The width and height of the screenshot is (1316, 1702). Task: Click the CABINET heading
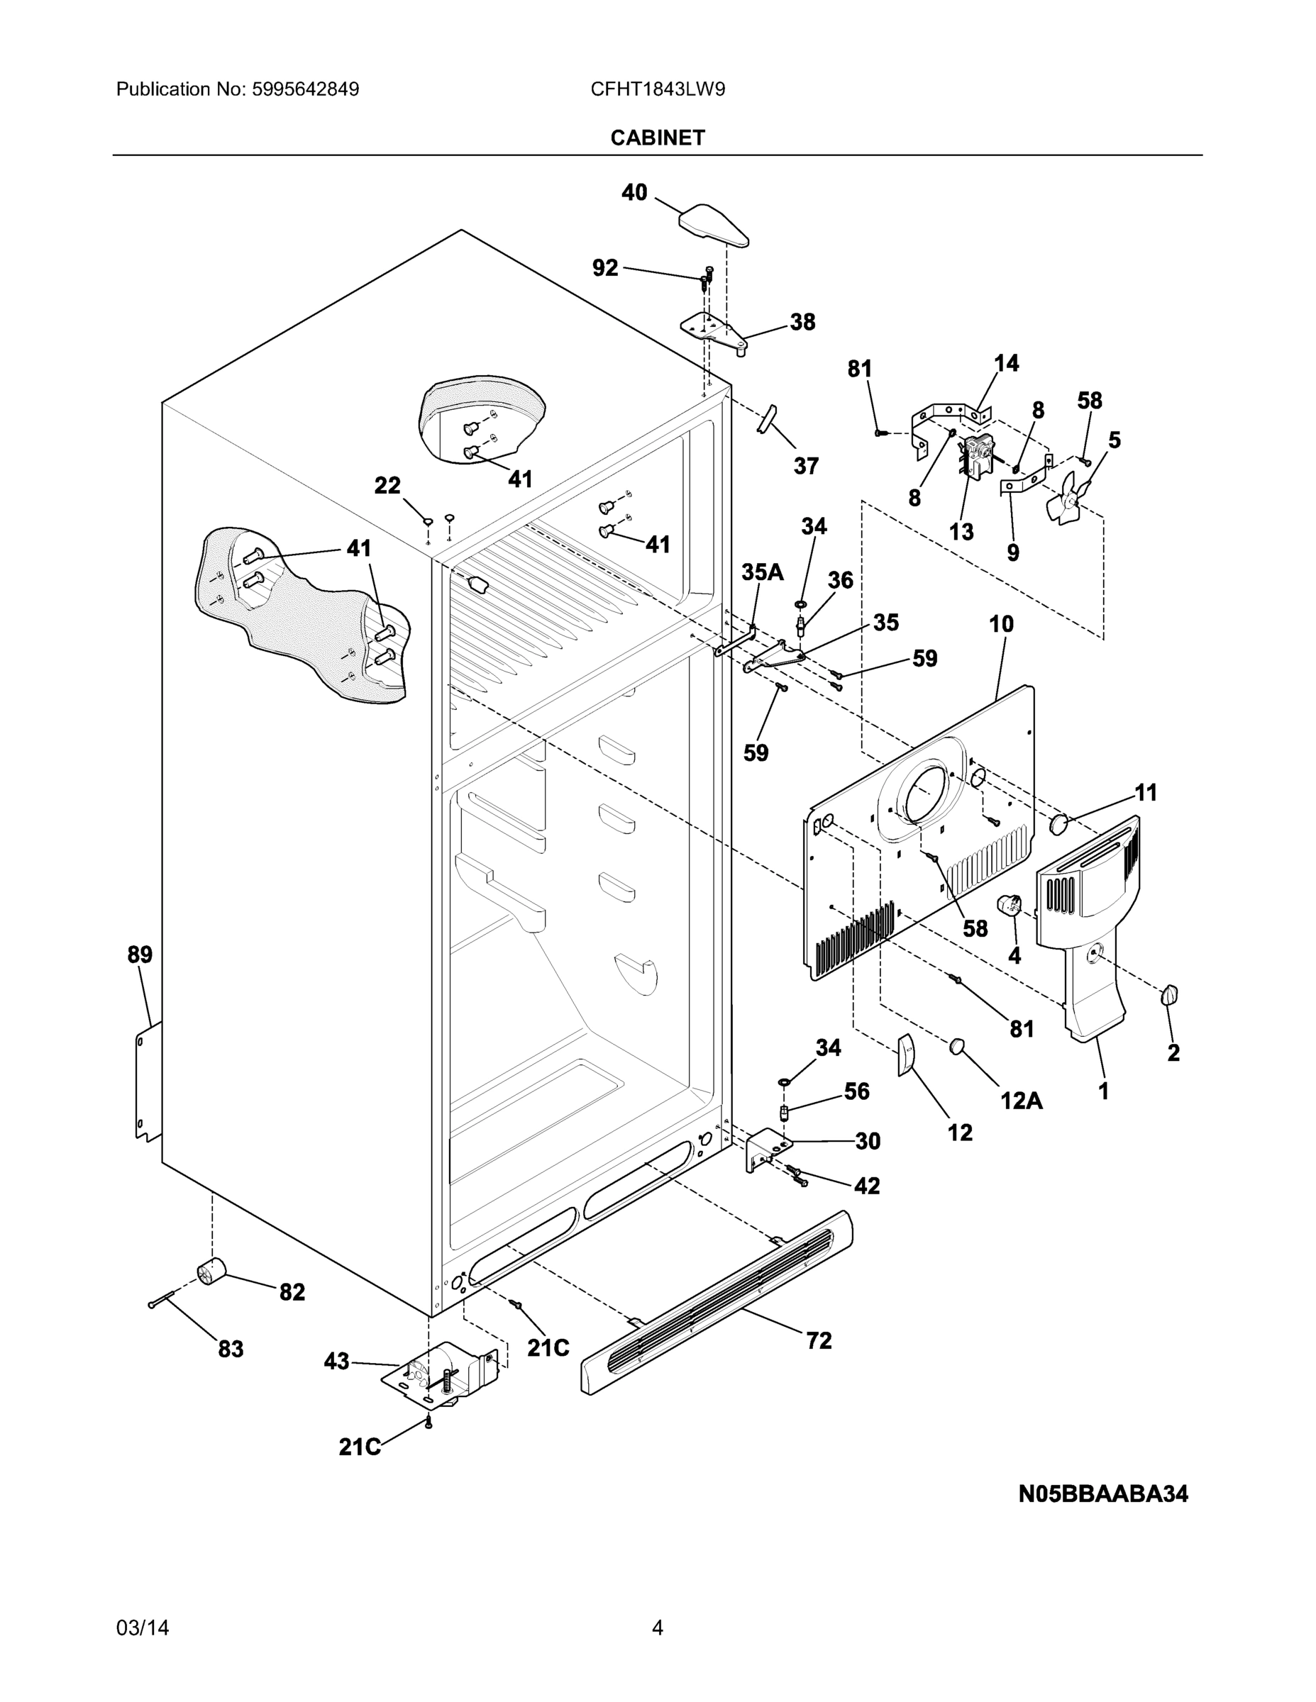pyautogui.click(x=657, y=138)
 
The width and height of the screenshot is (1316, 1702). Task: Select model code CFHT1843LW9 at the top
pyautogui.click(x=657, y=89)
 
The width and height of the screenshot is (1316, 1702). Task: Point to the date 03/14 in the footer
pyautogui.click(x=143, y=1628)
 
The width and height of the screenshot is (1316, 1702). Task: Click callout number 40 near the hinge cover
pyautogui.click(x=634, y=192)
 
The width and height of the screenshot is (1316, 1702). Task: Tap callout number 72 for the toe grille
pyautogui.click(x=819, y=1340)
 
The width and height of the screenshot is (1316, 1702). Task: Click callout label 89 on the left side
pyautogui.click(x=140, y=955)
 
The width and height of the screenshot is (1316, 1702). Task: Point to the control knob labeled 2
pyautogui.click(x=1168, y=995)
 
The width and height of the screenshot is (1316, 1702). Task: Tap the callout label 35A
pyautogui.click(x=762, y=572)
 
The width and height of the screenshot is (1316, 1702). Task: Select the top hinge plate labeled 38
pyautogui.click(x=714, y=331)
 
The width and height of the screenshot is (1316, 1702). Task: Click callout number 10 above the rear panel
pyautogui.click(x=1001, y=624)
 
